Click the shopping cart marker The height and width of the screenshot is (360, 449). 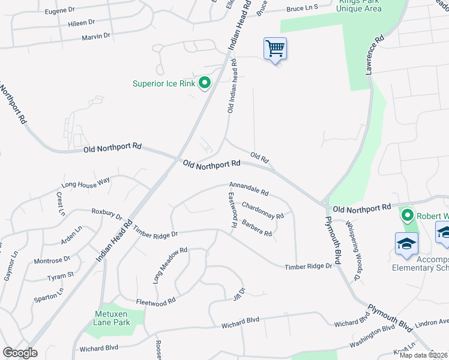(x=275, y=49)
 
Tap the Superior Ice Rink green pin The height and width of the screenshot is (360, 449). (x=205, y=83)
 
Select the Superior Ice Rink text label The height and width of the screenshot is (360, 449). (x=164, y=83)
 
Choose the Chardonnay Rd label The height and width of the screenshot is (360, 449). (x=262, y=210)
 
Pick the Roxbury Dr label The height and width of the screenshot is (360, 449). (x=107, y=214)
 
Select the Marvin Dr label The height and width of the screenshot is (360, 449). (x=96, y=37)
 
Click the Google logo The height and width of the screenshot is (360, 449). (x=20, y=353)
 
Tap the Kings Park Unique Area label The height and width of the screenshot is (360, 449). (x=358, y=6)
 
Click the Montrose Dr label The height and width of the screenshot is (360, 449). (x=52, y=260)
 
